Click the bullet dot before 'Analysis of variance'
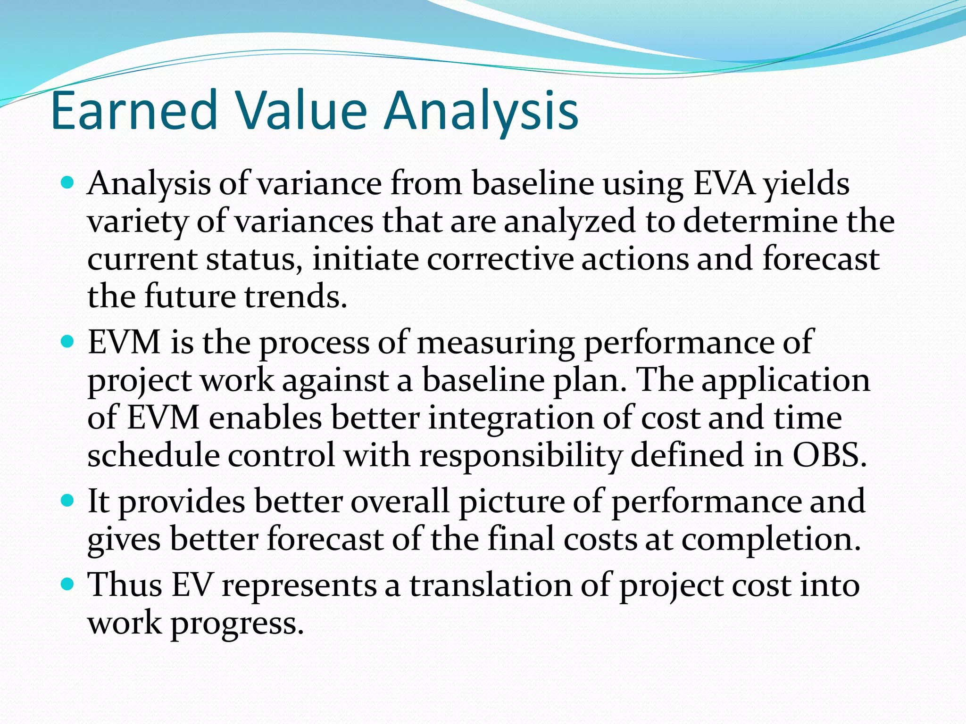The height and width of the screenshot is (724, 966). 68,182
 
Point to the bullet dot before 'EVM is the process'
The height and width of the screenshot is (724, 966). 68,341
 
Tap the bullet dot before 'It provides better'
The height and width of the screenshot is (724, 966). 68,500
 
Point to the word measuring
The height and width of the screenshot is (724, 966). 495,343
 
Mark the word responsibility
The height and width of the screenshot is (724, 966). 521,456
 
